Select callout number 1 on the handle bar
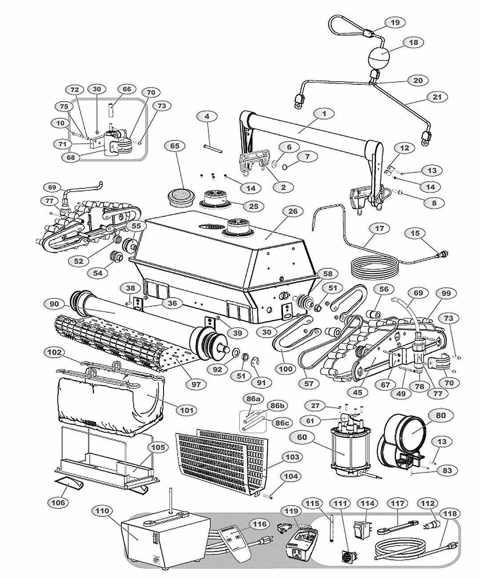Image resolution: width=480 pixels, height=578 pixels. click(x=324, y=114)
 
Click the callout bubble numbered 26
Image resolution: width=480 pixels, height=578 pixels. click(x=292, y=211)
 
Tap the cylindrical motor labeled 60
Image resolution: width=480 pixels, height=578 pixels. click(x=345, y=452)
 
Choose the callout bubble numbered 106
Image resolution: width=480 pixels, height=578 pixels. click(x=58, y=502)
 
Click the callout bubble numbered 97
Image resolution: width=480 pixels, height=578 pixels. click(x=196, y=385)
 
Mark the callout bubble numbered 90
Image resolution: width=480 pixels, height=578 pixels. click(x=55, y=304)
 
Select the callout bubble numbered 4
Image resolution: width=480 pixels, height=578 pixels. click(x=207, y=117)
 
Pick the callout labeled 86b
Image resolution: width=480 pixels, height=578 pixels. click(x=276, y=406)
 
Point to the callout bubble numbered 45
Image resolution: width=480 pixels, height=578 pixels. click(x=357, y=392)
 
